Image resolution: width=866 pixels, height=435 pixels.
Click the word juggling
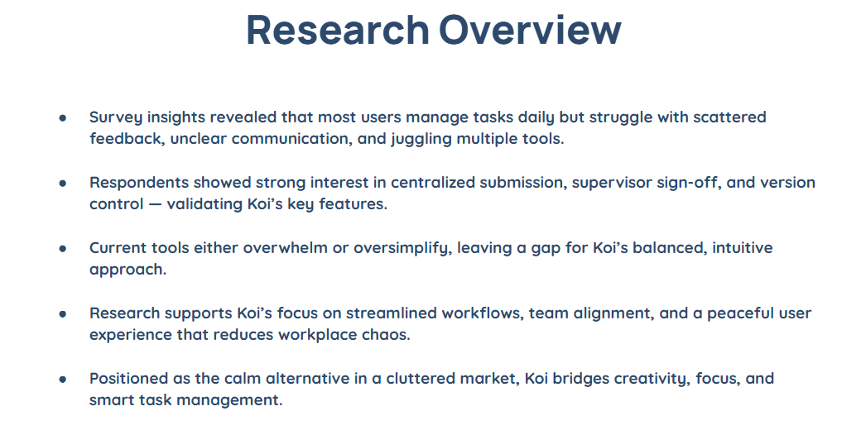[421, 139]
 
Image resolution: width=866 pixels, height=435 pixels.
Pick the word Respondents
[139, 183]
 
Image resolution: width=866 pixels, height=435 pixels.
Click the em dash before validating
[153, 204]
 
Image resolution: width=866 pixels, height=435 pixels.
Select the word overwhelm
[286, 248]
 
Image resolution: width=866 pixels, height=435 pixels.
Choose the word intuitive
[743, 248]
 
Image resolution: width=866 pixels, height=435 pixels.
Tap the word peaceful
[741, 313]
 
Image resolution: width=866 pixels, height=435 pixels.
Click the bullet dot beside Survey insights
[63, 117]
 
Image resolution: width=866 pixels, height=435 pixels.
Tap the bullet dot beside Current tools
[63, 248]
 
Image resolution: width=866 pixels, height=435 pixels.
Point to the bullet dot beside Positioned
[63, 380]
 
